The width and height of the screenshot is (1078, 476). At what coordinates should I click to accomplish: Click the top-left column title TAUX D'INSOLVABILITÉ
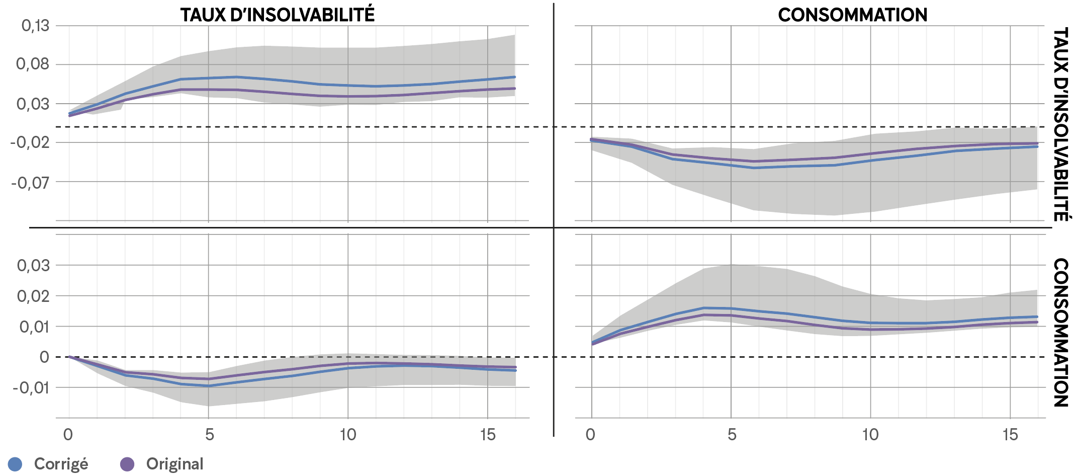pos(278,15)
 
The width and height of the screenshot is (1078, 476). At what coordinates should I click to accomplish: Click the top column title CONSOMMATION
pos(852,15)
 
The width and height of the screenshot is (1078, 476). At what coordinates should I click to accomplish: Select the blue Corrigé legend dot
pos(15,464)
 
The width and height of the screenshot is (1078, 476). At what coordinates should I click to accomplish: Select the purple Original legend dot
pos(128,464)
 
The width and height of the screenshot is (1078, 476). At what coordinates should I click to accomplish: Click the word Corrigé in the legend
pos(61,464)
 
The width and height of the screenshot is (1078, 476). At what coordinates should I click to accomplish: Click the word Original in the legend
pos(174,464)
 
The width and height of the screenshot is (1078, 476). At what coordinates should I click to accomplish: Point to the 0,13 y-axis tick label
pos(35,25)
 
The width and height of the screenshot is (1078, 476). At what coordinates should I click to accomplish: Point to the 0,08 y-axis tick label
pos(33,64)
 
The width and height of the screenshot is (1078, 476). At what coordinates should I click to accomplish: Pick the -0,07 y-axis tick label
pos(30,182)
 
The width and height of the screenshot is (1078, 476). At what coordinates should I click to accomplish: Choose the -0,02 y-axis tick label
pos(30,142)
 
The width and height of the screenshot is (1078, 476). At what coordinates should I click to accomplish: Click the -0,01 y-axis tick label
pos(31,388)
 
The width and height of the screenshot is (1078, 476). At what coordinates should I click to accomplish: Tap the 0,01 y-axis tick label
pos(34,327)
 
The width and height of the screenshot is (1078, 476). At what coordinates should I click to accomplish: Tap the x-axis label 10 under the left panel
pos(348,435)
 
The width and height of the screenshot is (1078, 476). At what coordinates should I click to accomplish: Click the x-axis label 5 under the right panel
pos(732,435)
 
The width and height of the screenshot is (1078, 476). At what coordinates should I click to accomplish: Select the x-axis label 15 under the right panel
pos(1010,435)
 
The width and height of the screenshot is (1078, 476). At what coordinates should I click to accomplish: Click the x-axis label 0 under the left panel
pos(68,435)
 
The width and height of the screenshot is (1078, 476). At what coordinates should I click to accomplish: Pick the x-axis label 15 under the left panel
pos(488,435)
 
